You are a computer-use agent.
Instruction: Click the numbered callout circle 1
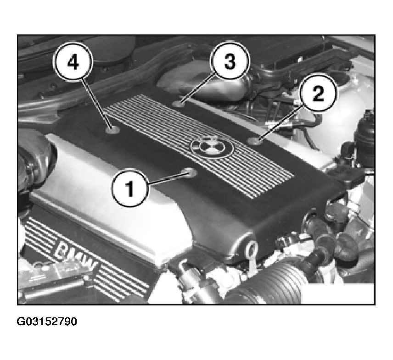point(130,188)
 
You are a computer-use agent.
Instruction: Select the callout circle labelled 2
point(318,93)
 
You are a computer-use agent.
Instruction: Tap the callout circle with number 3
point(230,61)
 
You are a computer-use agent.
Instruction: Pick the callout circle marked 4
point(73,61)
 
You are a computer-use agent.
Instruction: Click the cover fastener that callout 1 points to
point(189,172)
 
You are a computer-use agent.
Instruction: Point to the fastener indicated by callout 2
point(254,141)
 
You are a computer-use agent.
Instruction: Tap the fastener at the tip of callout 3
point(179,103)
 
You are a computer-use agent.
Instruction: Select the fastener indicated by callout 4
point(112,130)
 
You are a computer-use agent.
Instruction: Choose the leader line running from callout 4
point(96,103)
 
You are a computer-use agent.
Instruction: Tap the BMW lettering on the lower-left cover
point(75,256)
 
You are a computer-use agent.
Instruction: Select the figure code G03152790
point(47,321)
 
